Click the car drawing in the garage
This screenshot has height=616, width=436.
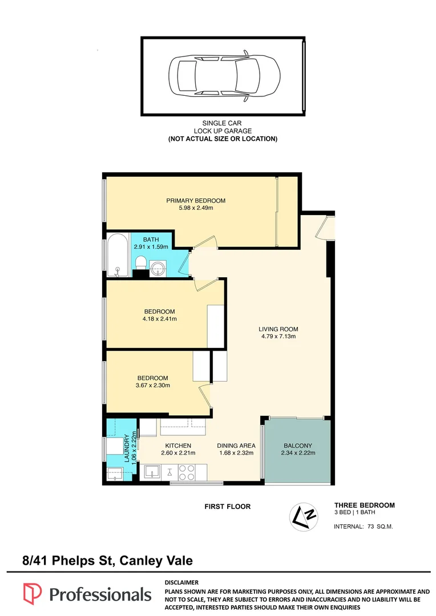224,76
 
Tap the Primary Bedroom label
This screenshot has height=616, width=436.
196,201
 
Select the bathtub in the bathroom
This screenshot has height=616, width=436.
118,256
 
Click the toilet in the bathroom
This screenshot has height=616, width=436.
141,263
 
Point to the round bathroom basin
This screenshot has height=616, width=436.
158,269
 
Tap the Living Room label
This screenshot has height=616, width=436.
278,329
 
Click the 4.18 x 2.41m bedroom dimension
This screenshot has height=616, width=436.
160,319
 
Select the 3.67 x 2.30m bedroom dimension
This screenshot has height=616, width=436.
153,386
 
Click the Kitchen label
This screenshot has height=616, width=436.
178,446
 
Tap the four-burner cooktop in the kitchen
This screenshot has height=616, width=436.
187,472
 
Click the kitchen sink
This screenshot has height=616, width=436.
151,472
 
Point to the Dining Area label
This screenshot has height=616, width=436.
236,446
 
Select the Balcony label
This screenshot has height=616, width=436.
298,446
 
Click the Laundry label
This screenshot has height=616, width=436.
127,448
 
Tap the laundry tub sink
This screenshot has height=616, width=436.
115,473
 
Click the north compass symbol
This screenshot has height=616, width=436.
304,517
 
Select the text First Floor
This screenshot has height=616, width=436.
228,507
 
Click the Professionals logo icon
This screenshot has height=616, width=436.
32,594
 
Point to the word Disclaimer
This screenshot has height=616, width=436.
181,582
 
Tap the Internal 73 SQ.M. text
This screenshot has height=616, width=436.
364,526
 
